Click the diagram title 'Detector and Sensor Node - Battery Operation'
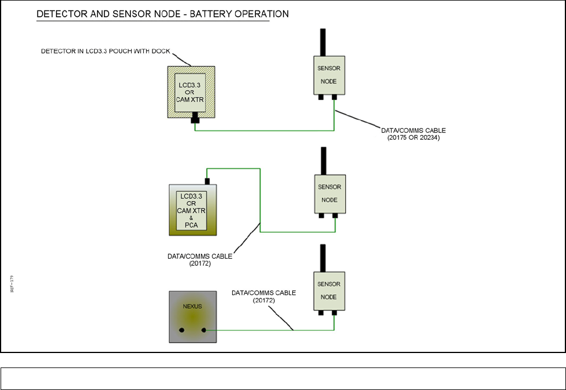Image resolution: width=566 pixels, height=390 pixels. pos(163,13)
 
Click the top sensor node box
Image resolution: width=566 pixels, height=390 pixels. pos(329,75)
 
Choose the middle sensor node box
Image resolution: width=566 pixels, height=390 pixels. pos(329,194)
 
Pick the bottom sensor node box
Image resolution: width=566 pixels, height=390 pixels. pos(329,291)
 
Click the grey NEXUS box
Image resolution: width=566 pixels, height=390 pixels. pos(193,317)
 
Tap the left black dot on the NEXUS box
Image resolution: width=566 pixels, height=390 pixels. pos(182,330)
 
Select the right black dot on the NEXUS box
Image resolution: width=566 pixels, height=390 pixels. pos(204,330)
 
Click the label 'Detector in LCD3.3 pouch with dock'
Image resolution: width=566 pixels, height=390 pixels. pos(105,51)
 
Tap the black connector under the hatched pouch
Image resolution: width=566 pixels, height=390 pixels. pos(195,118)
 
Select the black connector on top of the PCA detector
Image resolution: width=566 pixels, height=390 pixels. pos(207,181)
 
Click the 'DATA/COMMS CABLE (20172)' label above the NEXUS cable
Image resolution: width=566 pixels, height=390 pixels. pos(263,296)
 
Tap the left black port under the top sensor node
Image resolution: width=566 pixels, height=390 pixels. pos(321,98)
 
